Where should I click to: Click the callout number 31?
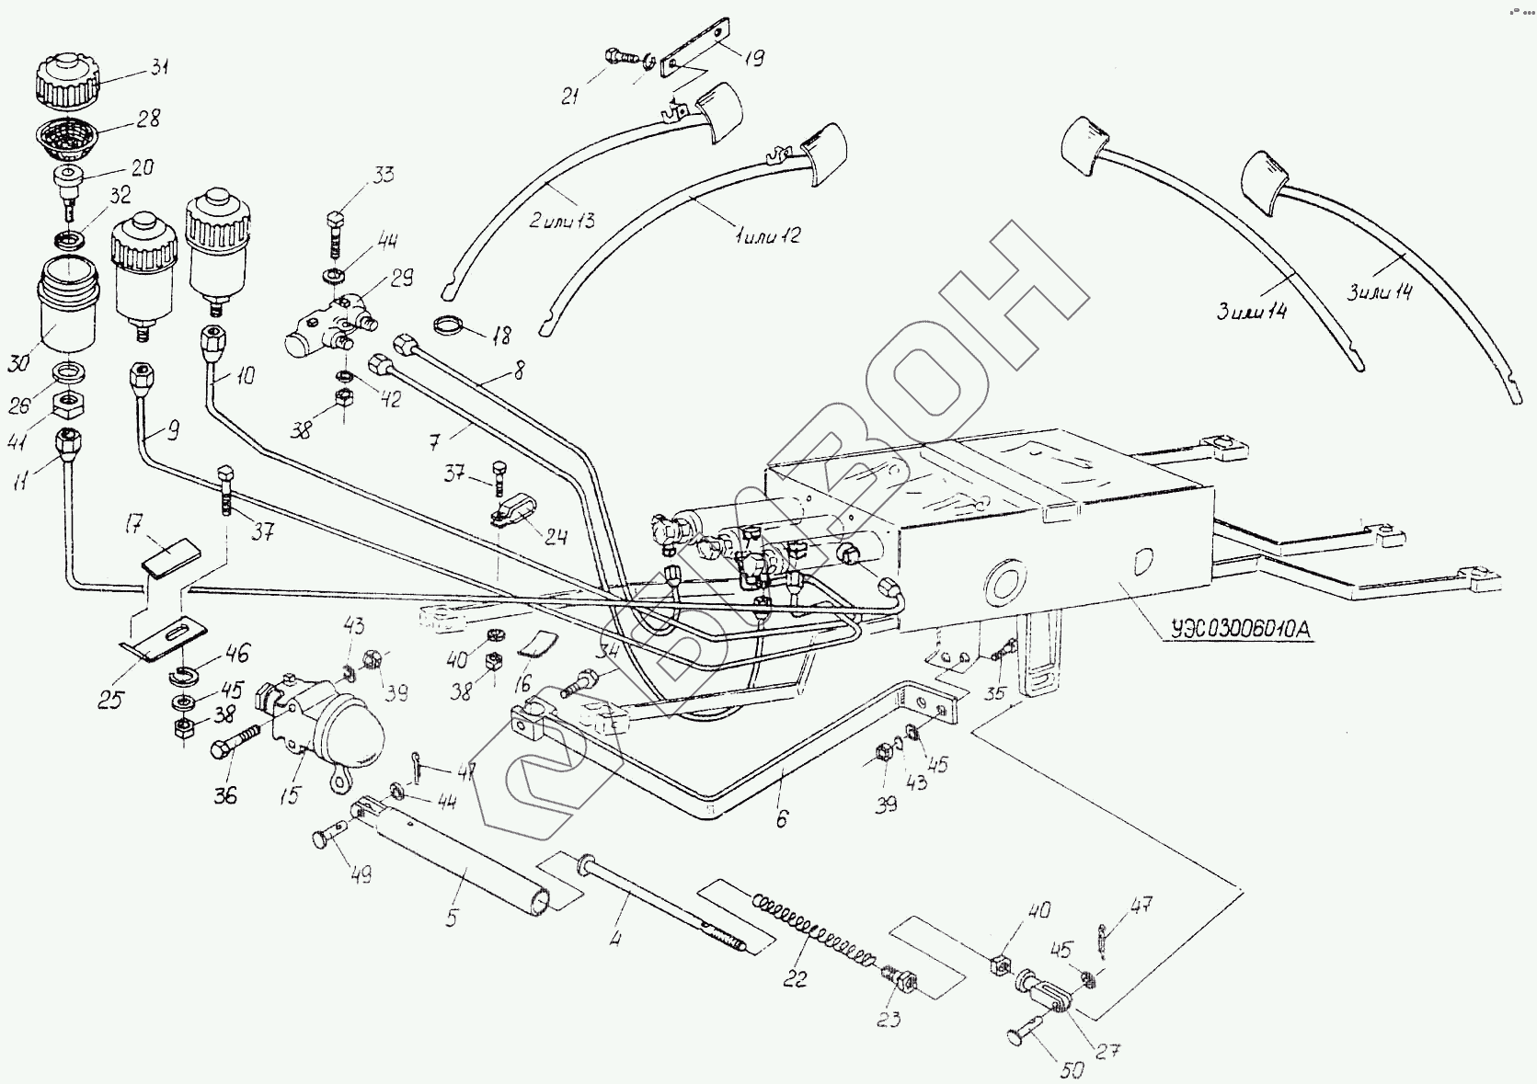pyautogui.click(x=160, y=67)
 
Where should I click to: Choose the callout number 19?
pyautogui.click(x=752, y=59)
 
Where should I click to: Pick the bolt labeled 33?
pyautogui.click(x=336, y=232)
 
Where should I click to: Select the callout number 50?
pyautogui.click(x=1072, y=1070)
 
